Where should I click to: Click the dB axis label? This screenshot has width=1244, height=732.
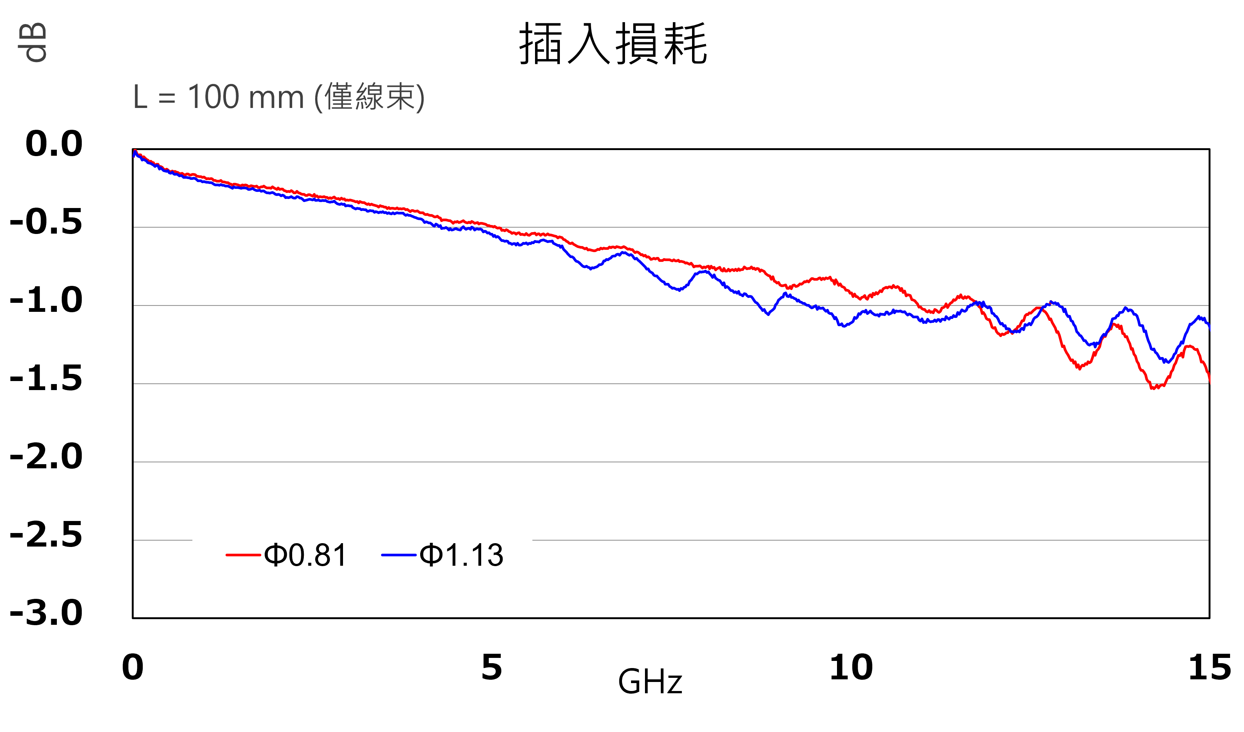[33, 43]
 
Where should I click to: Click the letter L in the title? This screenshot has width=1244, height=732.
[140, 97]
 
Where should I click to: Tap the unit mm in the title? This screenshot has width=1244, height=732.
[276, 98]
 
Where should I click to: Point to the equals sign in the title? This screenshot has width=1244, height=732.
[167, 98]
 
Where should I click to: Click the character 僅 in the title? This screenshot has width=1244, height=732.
[338, 97]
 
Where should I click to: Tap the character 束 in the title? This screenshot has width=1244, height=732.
[400, 97]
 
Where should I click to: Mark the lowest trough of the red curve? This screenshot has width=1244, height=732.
[1153, 388]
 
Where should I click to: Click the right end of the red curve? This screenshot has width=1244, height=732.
[1209, 381]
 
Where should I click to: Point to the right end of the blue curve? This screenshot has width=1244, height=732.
[1209, 328]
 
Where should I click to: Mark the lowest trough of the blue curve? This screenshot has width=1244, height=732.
[1167, 361]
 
